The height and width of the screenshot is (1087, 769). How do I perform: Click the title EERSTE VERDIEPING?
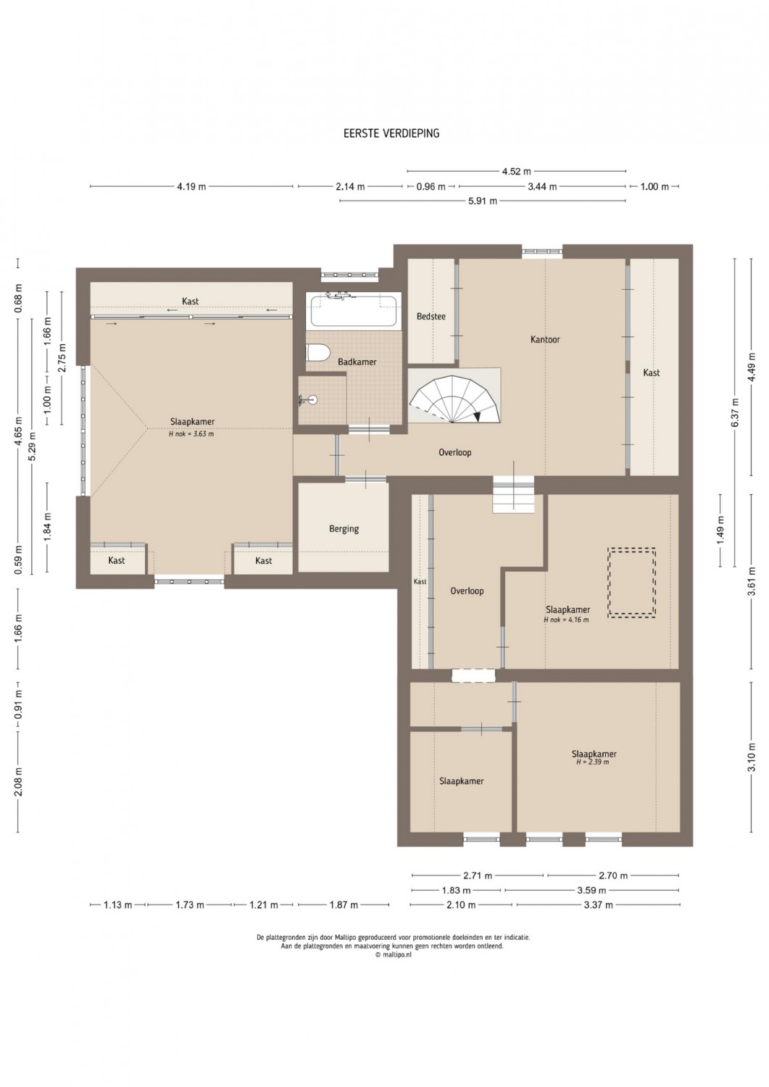pyautogui.click(x=391, y=133)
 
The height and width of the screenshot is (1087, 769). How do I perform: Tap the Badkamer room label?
pyautogui.click(x=357, y=362)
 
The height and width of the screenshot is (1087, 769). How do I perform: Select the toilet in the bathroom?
pyautogui.click(x=317, y=352)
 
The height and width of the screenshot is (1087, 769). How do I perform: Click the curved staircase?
pyautogui.click(x=454, y=397)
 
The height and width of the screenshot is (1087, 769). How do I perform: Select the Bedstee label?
pyautogui.click(x=431, y=317)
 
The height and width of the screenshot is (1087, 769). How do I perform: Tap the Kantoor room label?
pyautogui.click(x=545, y=339)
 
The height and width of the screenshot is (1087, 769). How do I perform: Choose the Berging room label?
pyautogui.click(x=344, y=528)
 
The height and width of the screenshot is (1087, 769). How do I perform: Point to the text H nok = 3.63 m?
pyautogui.click(x=191, y=434)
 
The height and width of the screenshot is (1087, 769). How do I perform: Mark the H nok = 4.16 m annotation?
pyautogui.click(x=567, y=619)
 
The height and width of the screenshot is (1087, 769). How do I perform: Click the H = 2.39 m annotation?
pyautogui.click(x=592, y=762)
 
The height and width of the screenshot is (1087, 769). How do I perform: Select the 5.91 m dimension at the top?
pyautogui.click(x=483, y=201)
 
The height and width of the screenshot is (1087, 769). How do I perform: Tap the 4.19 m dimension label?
pyautogui.click(x=191, y=186)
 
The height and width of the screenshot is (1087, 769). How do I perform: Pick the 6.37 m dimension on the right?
pyautogui.click(x=736, y=412)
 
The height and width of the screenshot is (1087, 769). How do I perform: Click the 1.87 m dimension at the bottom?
pyautogui.click(x=344, y=904)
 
